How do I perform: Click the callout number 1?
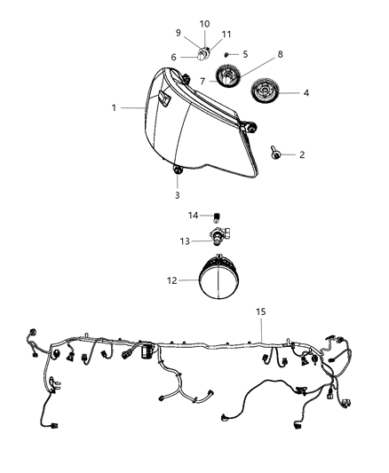(114, 107)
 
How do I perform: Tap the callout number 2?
(302, 154)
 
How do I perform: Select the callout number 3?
(177, 194)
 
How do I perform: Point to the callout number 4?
(306, 91)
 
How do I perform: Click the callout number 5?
(245, 54)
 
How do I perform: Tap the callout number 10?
(204, 23)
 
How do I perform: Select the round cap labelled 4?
(266, 91)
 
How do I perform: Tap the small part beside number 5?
(227, 54)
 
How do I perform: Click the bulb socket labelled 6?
(204, 55)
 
